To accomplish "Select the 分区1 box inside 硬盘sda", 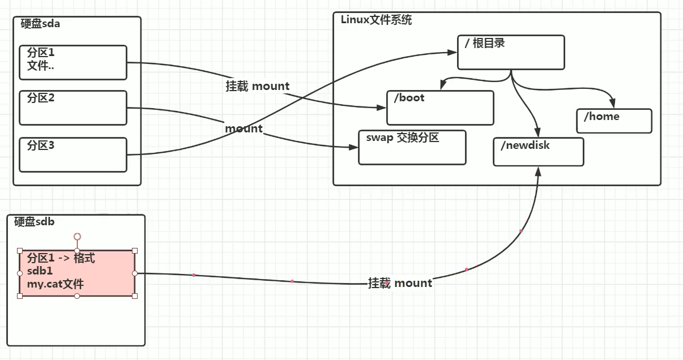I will tap(73, 63).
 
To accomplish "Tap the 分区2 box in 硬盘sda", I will tap(73, 108).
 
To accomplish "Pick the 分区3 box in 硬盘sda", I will tap(73, 154).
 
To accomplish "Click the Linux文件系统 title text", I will tap(376, 20).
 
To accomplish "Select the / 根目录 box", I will tap(511, 52).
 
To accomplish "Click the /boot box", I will tap(440, 108).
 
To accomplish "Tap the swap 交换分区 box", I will tap(412, 147).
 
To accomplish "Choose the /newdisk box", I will tap(538, 152).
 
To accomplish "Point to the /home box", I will tap(614, 121).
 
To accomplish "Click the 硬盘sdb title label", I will tap(35, 222).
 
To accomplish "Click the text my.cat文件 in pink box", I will tap(56, 284).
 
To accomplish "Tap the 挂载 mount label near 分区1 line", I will tap(258, 87).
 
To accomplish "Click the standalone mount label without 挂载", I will tap(244, 128).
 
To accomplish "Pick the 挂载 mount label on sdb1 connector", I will tap(400, 283).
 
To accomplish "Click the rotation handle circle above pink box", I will tap(78, 236).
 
